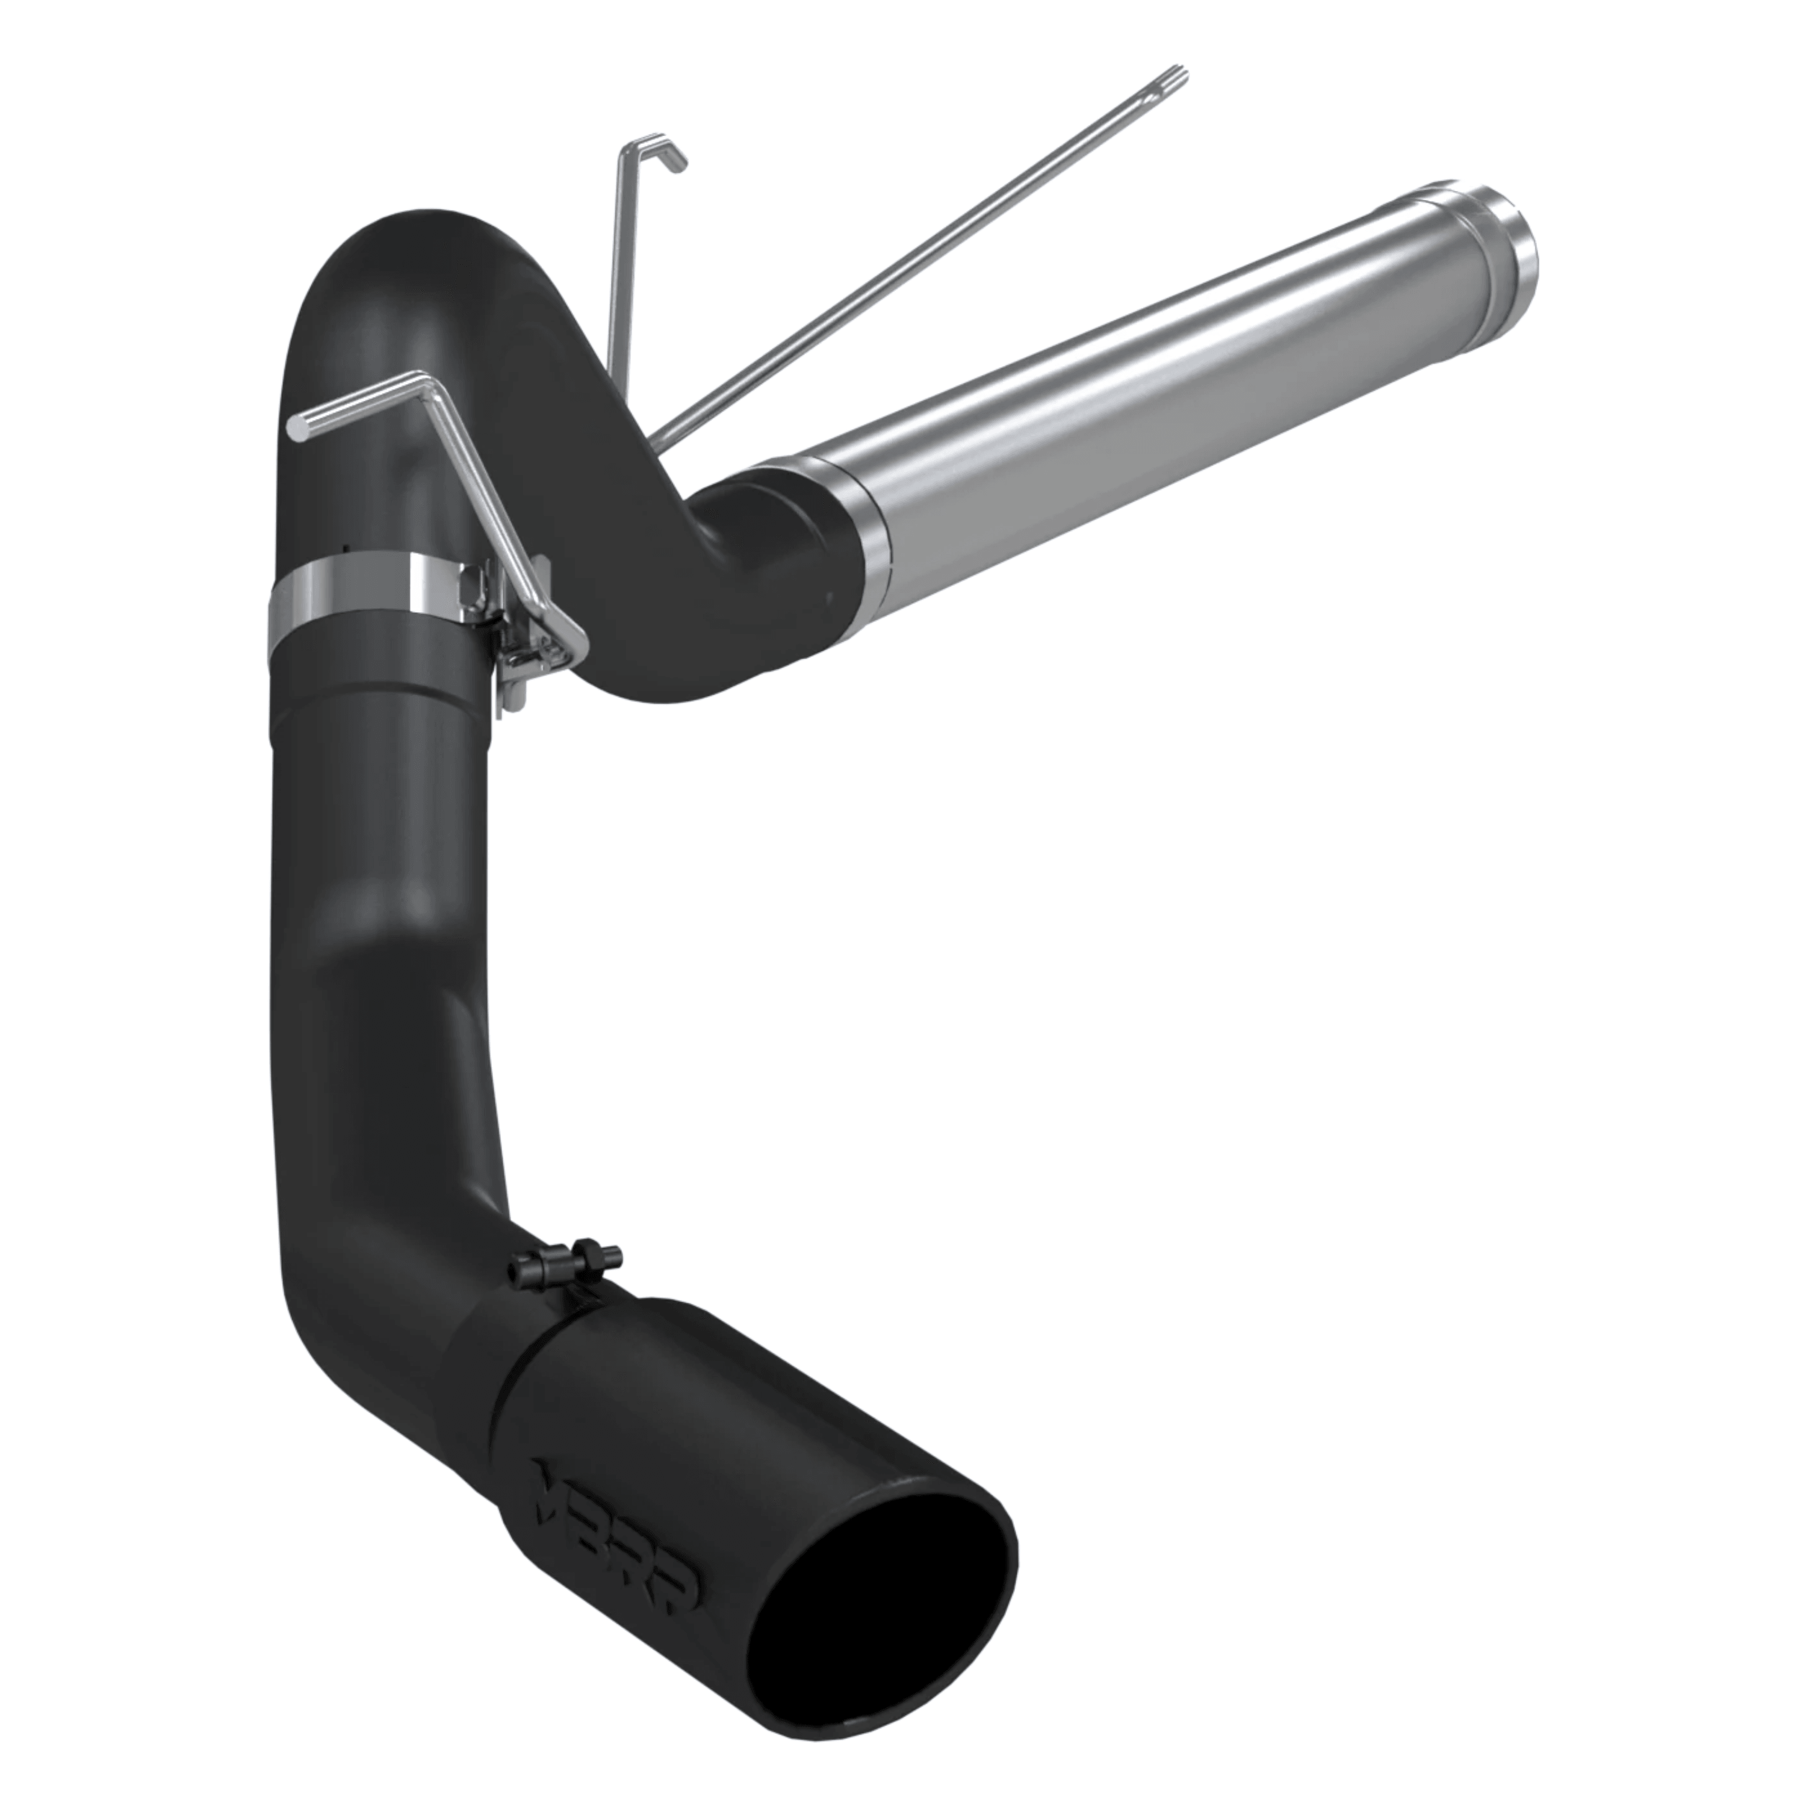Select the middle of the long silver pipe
[x=1168, y=374]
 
